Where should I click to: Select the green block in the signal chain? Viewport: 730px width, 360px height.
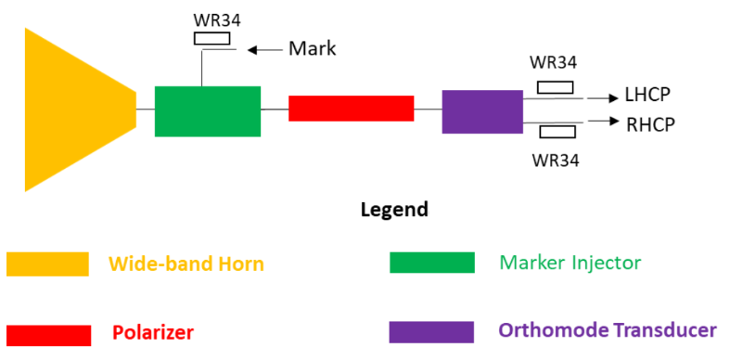208,111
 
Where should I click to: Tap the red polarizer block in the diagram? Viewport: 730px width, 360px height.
351,108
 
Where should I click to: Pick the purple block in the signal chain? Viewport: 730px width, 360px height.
482,111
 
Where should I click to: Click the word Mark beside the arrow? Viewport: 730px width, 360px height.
312,49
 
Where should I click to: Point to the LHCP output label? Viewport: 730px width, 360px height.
647,95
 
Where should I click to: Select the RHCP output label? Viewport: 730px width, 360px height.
650,124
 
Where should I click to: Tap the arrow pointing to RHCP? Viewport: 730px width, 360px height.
604,122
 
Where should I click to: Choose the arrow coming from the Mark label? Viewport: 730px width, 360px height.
265,50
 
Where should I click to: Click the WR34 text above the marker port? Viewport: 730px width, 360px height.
211,21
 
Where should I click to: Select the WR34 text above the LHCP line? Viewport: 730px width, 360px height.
553,63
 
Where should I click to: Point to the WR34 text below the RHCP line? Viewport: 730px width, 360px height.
556,161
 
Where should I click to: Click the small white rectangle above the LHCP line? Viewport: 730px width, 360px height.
556,87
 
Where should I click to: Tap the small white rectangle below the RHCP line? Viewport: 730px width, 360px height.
557,132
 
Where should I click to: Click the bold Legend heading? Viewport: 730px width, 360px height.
394,210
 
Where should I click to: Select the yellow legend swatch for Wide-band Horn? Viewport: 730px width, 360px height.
47,264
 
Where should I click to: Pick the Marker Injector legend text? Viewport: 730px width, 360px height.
570,264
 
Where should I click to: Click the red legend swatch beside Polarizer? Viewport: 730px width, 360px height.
48,335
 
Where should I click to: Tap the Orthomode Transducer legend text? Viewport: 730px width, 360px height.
608,331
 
